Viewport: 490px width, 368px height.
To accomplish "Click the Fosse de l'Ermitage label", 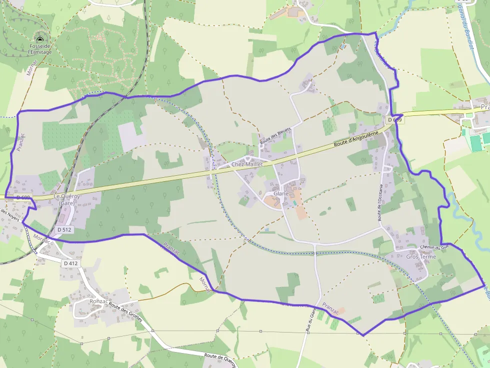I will coord(39,48).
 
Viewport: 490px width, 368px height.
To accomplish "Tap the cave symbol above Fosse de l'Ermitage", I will coord(39,39).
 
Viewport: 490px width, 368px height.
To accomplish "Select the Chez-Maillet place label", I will coord(247,164).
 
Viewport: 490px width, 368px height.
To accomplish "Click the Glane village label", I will coord(281,194).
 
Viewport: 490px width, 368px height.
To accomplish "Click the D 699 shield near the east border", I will coord(394,120).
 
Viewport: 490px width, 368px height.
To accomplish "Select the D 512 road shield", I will coord(64,230).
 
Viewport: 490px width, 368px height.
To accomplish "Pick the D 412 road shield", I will coord(71,263).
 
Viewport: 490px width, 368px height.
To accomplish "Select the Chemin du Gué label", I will coord(435,247).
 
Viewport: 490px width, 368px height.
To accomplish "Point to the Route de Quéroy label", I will coord(219,360).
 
